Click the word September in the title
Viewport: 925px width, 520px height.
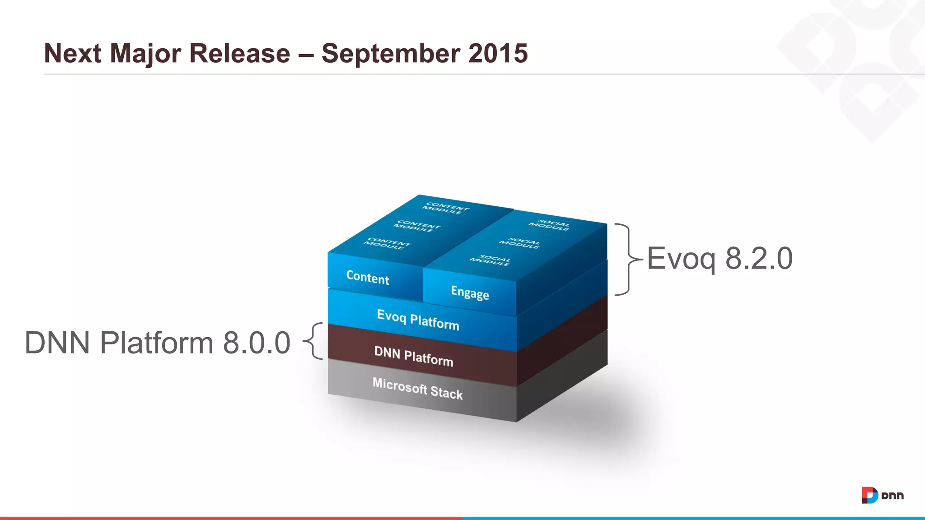click(391, 54)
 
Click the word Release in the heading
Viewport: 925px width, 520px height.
click(239, 54)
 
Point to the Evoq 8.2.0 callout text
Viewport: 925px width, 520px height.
click(719, 259)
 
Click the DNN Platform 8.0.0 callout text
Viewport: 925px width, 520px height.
click(157, 343)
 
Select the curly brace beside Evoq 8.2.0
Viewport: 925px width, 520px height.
click(627, 260)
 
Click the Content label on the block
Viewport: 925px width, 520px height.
click(368, 277)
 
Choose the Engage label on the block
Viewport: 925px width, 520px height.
click(470, 292)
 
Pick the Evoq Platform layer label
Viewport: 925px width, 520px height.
click(418, 320)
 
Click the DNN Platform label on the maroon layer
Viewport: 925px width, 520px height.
click(413, 356)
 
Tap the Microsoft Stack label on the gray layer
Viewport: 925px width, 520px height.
click(417, 389)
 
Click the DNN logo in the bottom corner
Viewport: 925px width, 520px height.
click(882, 495)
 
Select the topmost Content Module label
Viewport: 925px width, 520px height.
click(445, 208)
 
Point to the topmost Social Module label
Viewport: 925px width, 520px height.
click(549, 225)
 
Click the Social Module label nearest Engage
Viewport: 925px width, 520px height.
click(490, 260)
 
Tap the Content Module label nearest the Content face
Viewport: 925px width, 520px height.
click(387, 244)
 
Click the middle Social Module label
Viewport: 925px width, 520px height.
click(519, 243)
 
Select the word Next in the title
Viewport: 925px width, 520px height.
click(72, 54)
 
